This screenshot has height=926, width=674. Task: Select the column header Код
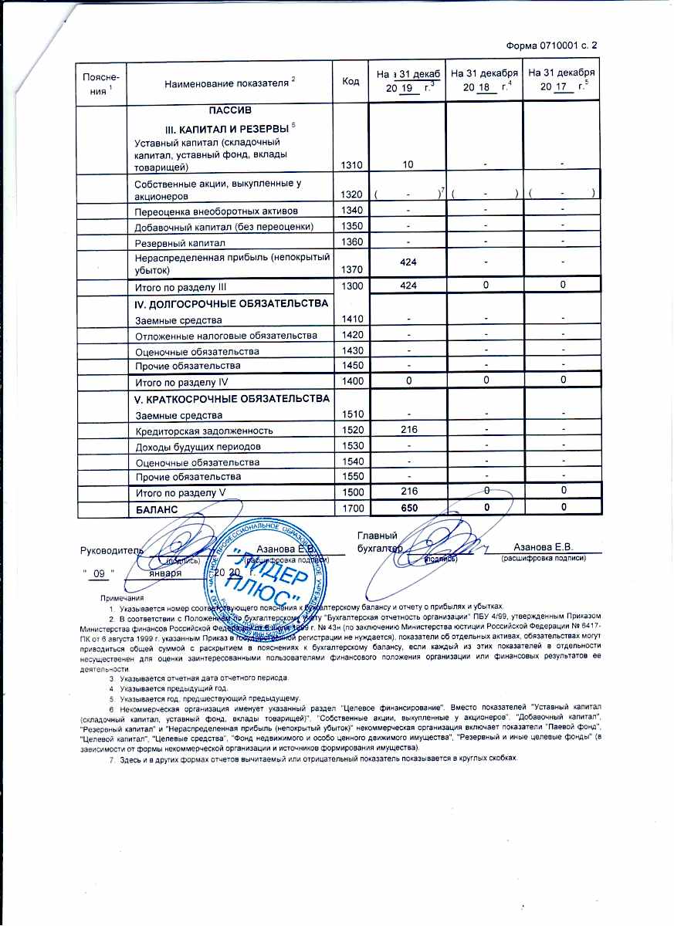pyautogui.click(x=352, y=80)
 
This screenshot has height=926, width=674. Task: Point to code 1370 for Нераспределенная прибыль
pyautogui.click(x=353, y=270)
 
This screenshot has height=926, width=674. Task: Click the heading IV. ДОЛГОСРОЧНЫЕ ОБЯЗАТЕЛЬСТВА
pyautogui.click(x=232, y=304)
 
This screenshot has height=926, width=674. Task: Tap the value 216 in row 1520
pyautogui.click(x=408, y=430)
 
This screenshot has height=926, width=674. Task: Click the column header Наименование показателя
pyautogui.click(x=224, y=82)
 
